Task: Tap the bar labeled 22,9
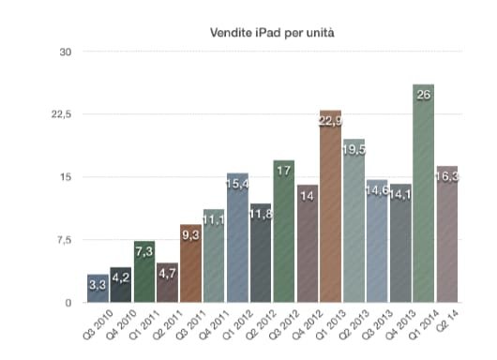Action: pos(330,211)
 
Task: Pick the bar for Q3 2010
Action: pos(98,290)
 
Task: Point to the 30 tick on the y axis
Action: pos(66,52)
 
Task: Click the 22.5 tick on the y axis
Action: pos(61,114)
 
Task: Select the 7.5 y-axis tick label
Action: pos(63,240)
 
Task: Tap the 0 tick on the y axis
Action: pos(68,303)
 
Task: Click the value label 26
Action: pos(423,95)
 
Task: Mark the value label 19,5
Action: pos(354,149)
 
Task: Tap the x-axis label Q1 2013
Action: pos(323,324)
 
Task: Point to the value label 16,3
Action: pos(447,176)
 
